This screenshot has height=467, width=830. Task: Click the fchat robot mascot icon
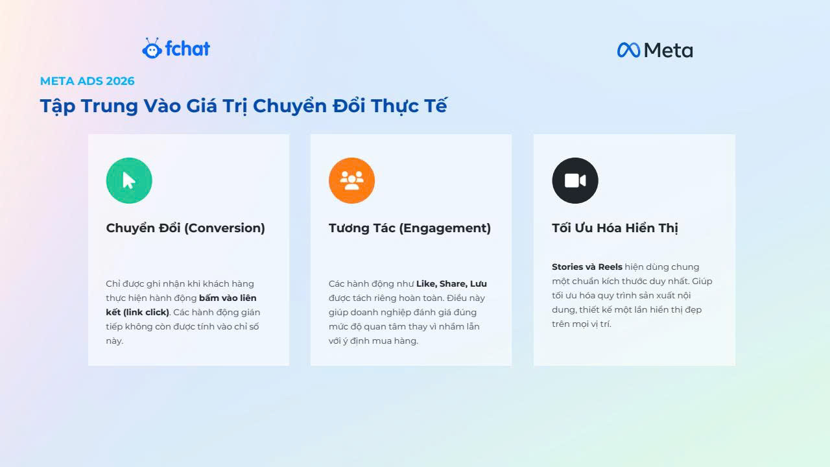[152, 49]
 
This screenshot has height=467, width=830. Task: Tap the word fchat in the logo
[187, 49]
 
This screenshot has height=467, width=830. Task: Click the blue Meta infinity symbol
[628, 50]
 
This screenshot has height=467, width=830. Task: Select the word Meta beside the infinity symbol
[669, 51]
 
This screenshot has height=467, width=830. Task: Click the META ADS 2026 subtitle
[87, 81]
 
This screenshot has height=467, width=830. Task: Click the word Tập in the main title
[58, 106]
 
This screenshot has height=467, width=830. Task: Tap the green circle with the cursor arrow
[129, 180]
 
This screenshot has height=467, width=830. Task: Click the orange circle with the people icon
[351, 180]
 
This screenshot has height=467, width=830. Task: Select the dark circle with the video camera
[575, 180]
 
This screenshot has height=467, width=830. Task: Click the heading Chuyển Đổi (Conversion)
[185, 228]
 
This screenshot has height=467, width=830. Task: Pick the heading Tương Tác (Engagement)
[410, 228]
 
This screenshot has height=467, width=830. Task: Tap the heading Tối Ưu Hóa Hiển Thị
[615, 228]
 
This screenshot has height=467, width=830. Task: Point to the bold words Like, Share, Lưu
[451, 284]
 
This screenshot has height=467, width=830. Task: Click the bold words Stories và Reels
[587, 267]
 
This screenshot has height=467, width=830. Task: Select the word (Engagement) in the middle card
[445, 228]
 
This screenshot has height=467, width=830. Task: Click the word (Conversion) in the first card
[224, 228]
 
